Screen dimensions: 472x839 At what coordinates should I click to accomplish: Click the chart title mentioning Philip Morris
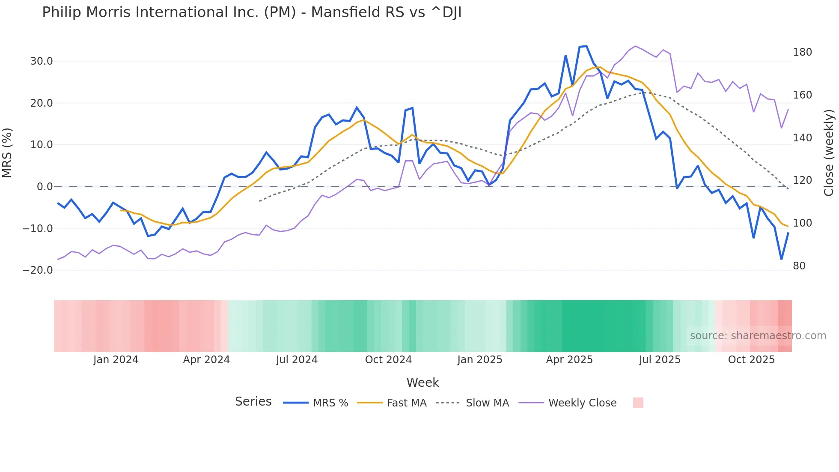tap(252, 12)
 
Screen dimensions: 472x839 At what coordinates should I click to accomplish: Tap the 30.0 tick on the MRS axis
tap(42, 61)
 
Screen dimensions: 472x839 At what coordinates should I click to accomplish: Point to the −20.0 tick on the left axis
tap(38, 270)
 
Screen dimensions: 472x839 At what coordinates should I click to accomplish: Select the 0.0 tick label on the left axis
tap(45, 187)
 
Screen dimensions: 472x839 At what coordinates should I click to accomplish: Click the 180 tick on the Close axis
tap(802, 52)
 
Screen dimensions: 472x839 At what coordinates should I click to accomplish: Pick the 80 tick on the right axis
tap(799, 266)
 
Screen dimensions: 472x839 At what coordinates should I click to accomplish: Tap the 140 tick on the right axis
tap(802, 138)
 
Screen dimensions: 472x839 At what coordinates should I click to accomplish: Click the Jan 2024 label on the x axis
tap(116, 360)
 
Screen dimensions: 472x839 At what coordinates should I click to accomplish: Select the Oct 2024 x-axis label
tap(388, 360)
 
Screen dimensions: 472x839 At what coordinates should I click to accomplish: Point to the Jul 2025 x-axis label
tap(660, 360)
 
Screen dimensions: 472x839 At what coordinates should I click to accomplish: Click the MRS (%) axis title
tap(7, 152)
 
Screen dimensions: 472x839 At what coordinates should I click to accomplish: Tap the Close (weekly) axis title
tap(829, 152)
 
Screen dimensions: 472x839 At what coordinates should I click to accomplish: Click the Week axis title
tap(422, 382)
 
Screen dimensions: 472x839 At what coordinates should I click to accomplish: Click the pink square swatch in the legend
tap(638, 403)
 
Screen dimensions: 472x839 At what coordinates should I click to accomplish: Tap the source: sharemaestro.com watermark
tap(758, 336)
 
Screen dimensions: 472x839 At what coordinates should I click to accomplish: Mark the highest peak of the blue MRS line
tap(586, 46)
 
